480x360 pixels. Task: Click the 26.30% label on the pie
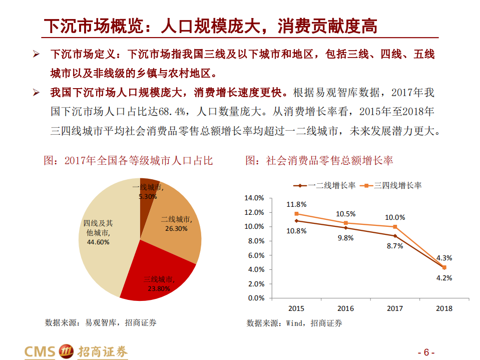coord(176,228)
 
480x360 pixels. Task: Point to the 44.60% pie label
coord(98,241)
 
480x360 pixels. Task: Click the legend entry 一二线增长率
coord(331,185)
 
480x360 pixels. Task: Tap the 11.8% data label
coord(296,204)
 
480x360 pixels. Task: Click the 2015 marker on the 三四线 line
coord(296,214)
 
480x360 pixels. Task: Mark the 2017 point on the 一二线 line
coord(395,236)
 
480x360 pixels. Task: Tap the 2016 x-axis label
coord(345,308)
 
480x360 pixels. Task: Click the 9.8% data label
coord(345,238)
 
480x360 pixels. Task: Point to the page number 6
coord(426,351)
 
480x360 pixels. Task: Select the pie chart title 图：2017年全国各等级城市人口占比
coord(129,161)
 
